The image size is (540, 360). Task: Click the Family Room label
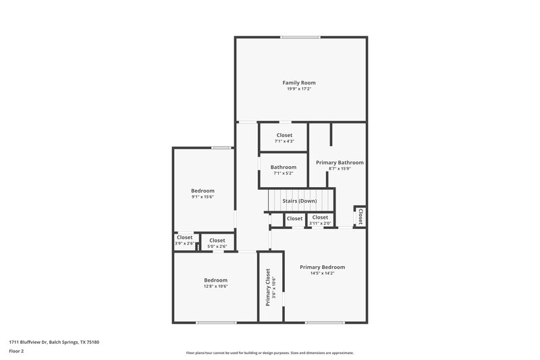click(x=298, y=82)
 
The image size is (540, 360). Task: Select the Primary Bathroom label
click(x=340, y=162)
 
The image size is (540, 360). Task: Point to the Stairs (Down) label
click(x=300, y=201)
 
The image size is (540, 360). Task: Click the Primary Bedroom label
click(x=323, y=267)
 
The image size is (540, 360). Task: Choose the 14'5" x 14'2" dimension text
click(x=323, y=273)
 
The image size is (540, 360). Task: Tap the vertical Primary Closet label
click(x=268, y=288)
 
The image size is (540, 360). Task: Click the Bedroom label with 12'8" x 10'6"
click(x=216, y=280)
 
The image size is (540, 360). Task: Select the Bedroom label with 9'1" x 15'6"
click(x=202, y=190)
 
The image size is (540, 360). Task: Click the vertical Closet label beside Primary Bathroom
click(x=360, y=217)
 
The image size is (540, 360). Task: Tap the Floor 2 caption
click(x=17, y=351)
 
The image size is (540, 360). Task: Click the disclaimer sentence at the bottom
click(x=270, y=353)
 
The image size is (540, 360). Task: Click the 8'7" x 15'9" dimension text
click(x=340, y=168)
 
